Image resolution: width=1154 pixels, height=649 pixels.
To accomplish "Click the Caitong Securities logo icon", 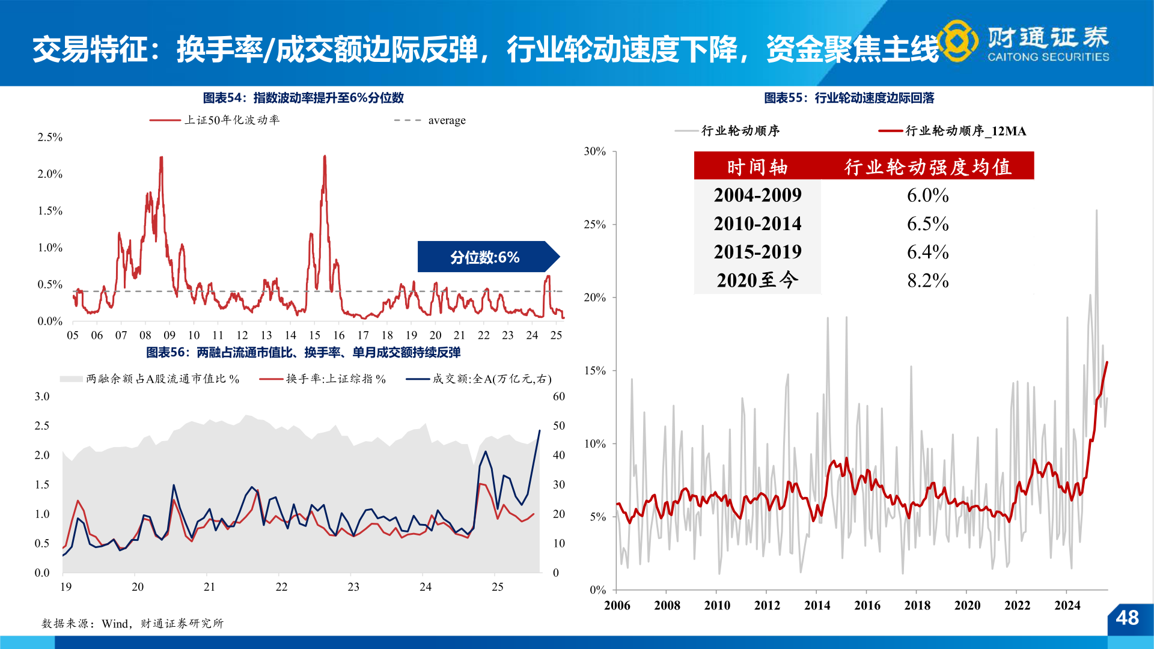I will [x=958, y=41].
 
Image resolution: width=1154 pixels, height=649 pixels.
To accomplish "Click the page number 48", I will [x=1127, y=618].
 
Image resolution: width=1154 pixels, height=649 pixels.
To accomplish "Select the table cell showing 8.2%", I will [x=927, y=281].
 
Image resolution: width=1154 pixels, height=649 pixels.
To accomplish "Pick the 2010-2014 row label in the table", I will [x=757, y=224].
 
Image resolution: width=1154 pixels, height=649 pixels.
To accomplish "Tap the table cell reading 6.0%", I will [x=927, y=195].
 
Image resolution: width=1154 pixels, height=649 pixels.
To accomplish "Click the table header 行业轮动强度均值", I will [x=927, y=166].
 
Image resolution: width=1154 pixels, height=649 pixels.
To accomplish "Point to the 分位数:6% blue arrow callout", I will [x=486, y=257].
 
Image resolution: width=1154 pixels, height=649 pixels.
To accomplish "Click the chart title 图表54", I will [x=303, y=98].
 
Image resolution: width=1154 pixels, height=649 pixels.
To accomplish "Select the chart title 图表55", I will [x=849, y=98].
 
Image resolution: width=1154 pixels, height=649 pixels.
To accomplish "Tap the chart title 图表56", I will [x=303, y=353].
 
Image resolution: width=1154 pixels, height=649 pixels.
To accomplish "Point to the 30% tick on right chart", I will [x=594, y=151].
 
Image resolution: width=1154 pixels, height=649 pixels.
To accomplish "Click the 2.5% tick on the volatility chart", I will [x=50, y=137].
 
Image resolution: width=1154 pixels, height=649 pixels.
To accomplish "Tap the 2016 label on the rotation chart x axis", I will [x=867, y=605].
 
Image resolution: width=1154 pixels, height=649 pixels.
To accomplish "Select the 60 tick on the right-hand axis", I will [x=559, y=397].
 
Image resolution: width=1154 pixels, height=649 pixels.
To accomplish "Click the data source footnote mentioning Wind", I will [x=132, y=624].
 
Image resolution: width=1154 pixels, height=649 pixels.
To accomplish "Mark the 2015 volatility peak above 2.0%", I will [x=325, y=157].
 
